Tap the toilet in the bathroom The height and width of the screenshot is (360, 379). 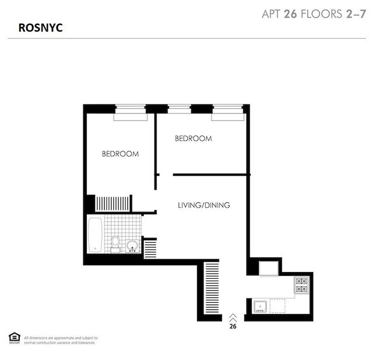(x=115, y=242)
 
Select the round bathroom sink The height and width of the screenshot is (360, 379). (x=133, y=245)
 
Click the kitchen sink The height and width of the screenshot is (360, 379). (x=259, y=305)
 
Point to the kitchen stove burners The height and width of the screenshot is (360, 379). (x=301, y=285)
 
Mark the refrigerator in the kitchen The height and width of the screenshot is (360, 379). (x=268, y=269)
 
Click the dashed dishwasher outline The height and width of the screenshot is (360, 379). (x=278, y=305)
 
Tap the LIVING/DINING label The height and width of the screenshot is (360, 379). (x=203, y=205)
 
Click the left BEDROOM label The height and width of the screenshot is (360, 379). (x=120, y=154)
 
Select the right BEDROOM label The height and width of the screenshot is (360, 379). (x=193, y=139)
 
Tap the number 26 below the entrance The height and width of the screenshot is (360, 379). (x=233, y=327)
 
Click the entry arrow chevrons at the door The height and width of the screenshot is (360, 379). (x=233, y=317)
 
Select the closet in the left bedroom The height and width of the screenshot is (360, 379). (x=113, y=204)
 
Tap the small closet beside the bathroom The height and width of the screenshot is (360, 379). (x=150, y=249)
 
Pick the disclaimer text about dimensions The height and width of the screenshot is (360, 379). (x=61, y=340)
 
